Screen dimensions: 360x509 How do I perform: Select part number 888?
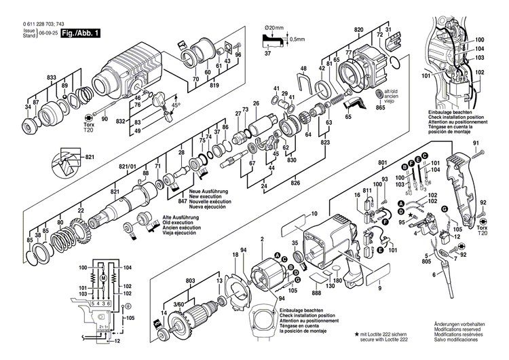pyautogui.click(x=316, y=293)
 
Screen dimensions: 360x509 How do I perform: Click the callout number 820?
pyautogui.click(x=359, y=30)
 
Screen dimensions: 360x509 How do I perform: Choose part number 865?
pyautogui.click(x=380, y=109)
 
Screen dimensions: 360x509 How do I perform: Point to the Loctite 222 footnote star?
pyautogui.click(x=356, y=336)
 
